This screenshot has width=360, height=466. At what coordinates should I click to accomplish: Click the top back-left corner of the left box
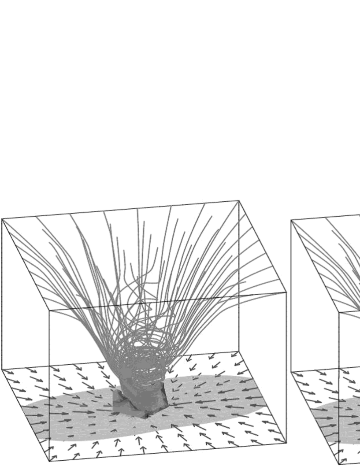click(2, 219)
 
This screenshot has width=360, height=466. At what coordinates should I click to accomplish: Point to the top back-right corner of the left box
click(239, 201)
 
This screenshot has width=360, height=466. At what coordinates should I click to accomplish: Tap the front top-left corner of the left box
click(49, 310)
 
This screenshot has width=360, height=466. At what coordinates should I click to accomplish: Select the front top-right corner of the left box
click(286, 292)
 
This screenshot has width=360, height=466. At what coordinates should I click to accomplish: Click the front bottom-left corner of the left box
click(49, 461)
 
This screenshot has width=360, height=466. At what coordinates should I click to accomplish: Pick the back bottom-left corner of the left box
click(2, 369)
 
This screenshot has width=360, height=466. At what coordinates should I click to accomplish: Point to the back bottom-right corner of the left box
click(239, 351)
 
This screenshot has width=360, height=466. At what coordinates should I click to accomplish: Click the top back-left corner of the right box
click(291, 220)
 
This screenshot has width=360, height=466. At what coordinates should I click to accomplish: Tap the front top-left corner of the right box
click(339, 311)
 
